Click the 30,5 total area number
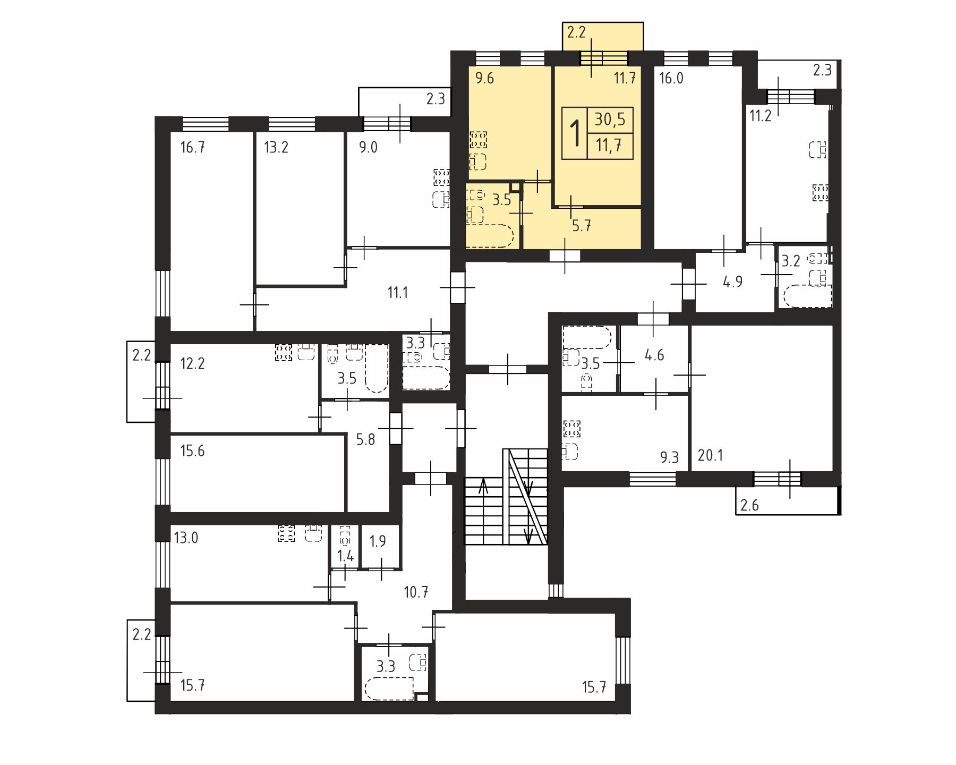coord(610,120)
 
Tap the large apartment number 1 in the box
coord(575,133)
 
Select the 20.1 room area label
coord(710,455)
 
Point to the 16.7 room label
coord(192,147)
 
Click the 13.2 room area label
coord(276,147)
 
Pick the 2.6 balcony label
coord(749,505)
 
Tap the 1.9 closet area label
coord(378,541)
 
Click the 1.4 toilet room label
coord(346,556)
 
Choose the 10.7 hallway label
coord(416,592)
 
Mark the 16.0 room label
coord(671,79)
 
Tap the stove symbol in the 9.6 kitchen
coord(478,140)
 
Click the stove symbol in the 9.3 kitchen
coord(572,429)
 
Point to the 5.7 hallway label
coord(582,226)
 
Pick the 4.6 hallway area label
coord(654,355)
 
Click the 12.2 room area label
coord(192,364)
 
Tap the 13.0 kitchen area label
coord(186,538)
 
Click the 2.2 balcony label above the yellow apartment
coord(576,32)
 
